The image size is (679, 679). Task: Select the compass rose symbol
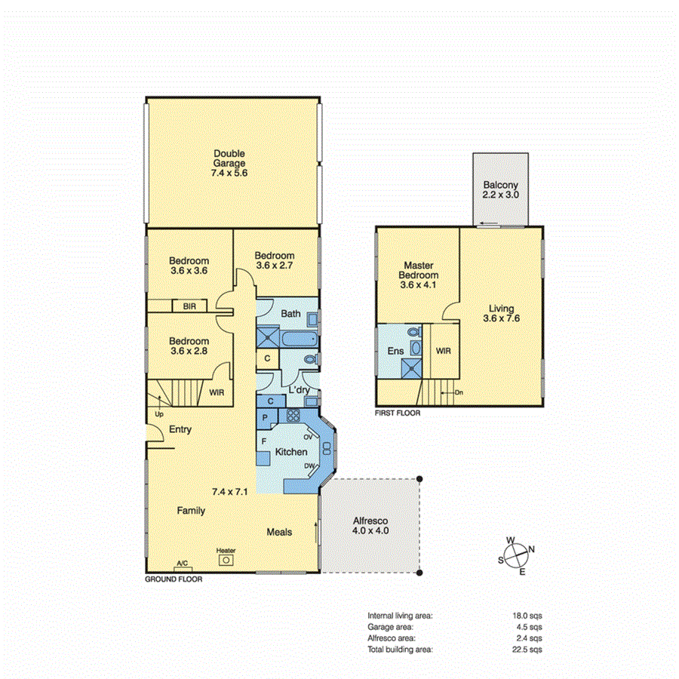pos(515,556)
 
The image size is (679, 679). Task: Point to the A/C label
pos(182,564)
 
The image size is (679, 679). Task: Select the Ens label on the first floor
pos(396,351)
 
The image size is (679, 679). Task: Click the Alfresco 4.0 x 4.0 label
pos(370,526)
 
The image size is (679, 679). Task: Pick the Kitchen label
pos(290,452)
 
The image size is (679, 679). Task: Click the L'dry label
pos(300,389)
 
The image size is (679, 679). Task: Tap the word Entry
pos(180,429)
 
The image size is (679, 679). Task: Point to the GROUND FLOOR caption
pos(173,579)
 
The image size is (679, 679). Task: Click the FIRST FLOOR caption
pos(398,413)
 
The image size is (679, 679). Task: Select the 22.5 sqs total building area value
pos(527,649)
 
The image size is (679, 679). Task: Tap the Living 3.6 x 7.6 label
pos(501,313)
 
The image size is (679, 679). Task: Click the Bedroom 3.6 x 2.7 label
pos(275,260)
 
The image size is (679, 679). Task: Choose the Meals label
pos(279,532)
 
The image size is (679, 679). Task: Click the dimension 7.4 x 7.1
pos(230,492)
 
